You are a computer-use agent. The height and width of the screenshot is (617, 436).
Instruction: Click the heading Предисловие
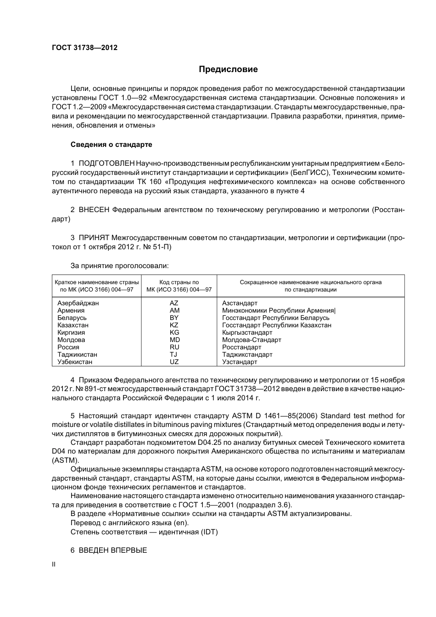[228, 69]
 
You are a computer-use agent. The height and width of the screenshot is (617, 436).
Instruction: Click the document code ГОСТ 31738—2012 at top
[84, 47]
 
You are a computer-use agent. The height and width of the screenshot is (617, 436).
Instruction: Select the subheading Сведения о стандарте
[111, 145]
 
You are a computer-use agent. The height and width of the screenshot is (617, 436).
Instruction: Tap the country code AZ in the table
[174, 303]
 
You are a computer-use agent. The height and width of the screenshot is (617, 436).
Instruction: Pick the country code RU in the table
[174, 347]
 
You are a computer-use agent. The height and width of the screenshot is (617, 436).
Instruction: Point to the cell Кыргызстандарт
[247, 332]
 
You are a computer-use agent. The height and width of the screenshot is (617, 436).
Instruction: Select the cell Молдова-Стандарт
[252, 340]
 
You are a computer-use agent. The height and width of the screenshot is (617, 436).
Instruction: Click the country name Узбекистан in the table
[75, 362]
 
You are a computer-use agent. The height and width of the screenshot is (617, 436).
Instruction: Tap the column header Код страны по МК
[179, 286]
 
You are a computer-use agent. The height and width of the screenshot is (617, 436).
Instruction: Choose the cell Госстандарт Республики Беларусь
[275, 318]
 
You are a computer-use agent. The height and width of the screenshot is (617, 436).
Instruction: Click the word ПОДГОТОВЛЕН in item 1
[106, 163]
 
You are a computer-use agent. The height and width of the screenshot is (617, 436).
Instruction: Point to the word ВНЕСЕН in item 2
[94, 210]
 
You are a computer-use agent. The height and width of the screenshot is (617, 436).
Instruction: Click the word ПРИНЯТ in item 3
[94, 238]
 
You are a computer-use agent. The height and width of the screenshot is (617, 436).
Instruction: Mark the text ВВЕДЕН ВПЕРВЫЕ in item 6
[113, 550]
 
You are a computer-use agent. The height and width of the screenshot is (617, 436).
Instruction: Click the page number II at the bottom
[53, 565]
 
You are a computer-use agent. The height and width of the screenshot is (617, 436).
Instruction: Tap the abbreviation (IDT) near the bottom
[209, 532]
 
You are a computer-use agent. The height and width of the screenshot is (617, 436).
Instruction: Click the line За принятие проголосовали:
[119, 266]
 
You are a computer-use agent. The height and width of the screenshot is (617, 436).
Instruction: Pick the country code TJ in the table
[173, 354]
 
